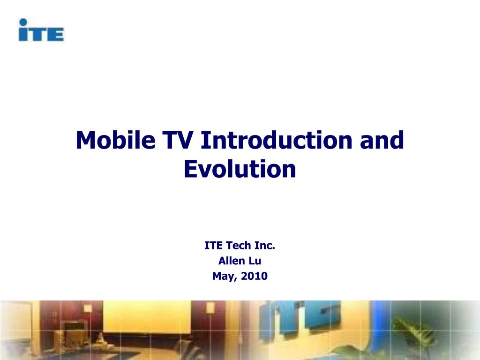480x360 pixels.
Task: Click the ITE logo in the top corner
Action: (x=41, y=30)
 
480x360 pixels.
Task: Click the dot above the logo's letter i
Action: (x=23, y=22)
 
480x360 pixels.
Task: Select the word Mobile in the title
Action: (x=115, y=140)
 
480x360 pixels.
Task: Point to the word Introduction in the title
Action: (x=277, y=140)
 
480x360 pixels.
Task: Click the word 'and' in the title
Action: (x=382, y=140)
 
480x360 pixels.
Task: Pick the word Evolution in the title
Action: (x=240, y=169)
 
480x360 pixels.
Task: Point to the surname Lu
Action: (x=254, y=261)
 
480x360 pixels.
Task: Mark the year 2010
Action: (x=254, y=276)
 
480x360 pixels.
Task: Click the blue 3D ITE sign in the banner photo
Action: (x=300, y=318)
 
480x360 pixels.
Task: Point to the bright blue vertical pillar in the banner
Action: (x=380, y=324)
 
